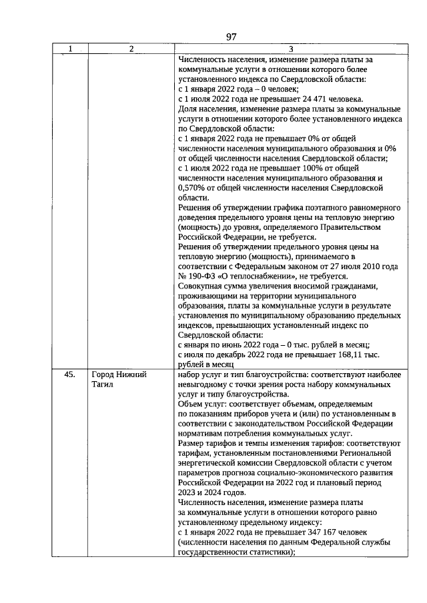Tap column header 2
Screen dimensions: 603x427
point(131,49)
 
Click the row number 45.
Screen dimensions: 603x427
point(69,374)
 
